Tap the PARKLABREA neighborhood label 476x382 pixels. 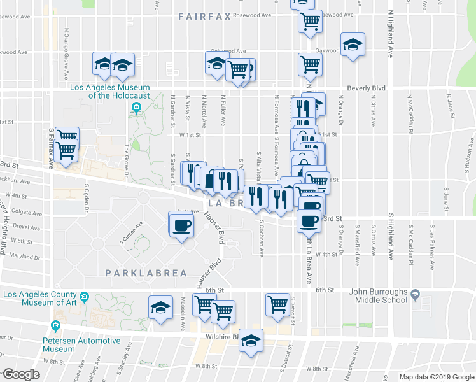pyautogui.click(x=146, y=273)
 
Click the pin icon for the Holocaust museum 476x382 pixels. pyautogui.click(x=135, y=106)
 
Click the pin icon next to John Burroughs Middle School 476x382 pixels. pyautogui.click(x=415, y=295)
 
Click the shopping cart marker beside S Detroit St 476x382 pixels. pyautogui.click(x=277, y=304)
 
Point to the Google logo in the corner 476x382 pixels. pyautogui.click(x=21, y=374)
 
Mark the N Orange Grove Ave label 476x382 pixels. pyautogui.click(x=66, y=43)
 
